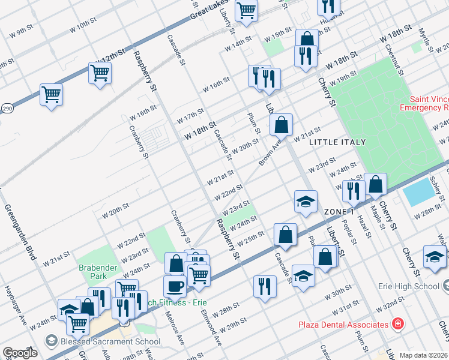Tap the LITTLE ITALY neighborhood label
337,142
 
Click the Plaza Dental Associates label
343,325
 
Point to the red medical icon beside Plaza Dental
397,325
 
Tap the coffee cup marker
174,286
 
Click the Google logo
20,353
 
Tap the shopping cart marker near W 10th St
100,73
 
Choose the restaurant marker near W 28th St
265,286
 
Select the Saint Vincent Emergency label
429,104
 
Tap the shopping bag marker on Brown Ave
280,124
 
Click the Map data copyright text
424,355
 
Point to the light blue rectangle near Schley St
419,192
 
